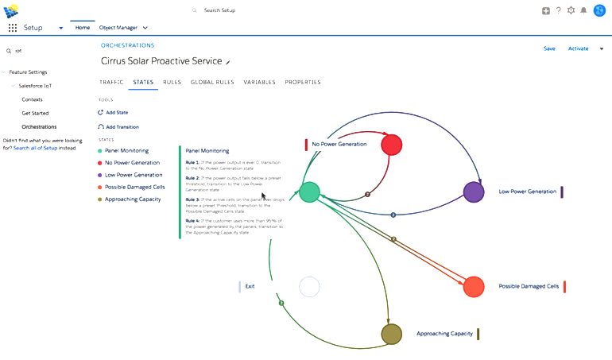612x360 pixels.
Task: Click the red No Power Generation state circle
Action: [391, 145]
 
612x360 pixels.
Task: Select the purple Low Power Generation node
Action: [474, 192]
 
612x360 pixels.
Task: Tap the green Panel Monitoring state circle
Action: [309, 192]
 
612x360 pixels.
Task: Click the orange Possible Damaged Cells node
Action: [474, 286]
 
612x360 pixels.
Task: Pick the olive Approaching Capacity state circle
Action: [391, 334]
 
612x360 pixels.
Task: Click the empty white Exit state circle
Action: [309, 286]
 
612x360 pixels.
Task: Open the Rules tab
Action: [172, 82]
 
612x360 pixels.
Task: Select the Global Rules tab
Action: [212, 82]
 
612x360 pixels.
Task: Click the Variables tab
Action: [259, 82]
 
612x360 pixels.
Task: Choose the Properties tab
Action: [303, 82]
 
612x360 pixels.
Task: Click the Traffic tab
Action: [111, 82]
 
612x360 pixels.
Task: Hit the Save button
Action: [549, 48]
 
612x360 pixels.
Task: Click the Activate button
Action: [578, 48]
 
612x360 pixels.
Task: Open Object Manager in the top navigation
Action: [118, 28]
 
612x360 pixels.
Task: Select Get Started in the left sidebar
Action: [35, 113]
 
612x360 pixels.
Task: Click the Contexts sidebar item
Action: [32, 99]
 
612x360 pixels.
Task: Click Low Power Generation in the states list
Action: [133, 175]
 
